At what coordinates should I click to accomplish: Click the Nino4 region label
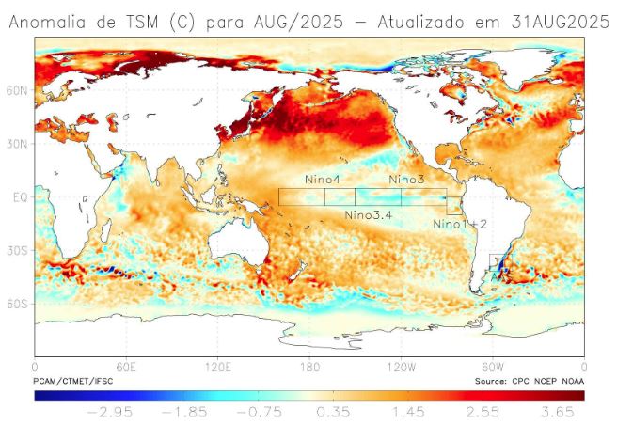pos(321,179)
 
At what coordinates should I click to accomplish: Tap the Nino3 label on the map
pos(406,179)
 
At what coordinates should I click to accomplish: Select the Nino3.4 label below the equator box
pos(369,215)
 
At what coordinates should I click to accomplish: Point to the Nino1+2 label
pos(460,224)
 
